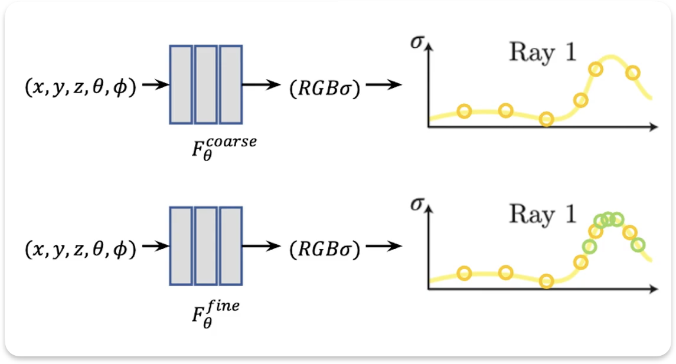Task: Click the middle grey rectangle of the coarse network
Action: click(x=206, y=84)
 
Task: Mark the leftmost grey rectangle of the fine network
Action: click(x=181, y=245)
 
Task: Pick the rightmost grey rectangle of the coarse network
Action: click(x=231, y=84)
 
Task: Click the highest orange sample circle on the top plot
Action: click(x=596, y=69)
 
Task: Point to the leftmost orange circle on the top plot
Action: click(x=464, y=110)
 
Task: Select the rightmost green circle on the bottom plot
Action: click(x=638, y=244)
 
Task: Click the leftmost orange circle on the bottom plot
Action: click(x=464, y=273)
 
